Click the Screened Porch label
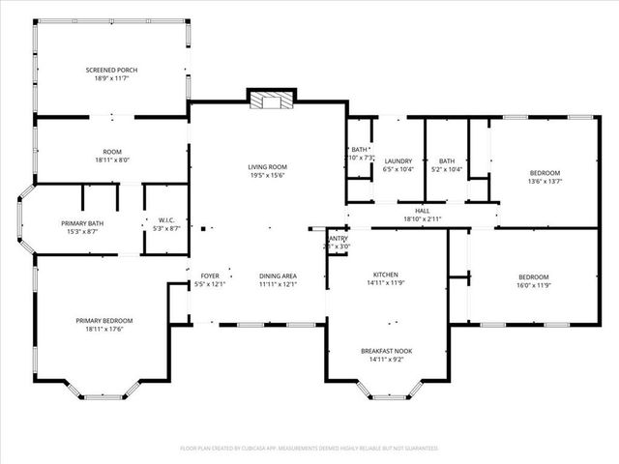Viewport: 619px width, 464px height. point(112,70)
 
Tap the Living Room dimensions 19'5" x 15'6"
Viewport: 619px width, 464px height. point(268,176)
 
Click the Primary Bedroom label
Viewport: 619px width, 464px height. point(104,321)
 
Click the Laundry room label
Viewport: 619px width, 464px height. point(398,161)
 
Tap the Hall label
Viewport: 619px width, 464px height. point(423,211)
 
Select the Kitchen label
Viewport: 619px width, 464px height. point(386,275)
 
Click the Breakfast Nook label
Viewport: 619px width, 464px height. point(386,350)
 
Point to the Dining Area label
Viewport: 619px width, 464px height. point(278,276)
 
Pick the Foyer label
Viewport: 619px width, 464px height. point(209,276)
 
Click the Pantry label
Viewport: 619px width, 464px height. point(338,238)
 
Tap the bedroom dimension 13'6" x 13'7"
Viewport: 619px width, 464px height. point(545,181)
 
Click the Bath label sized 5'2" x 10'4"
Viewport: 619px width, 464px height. point(447,170)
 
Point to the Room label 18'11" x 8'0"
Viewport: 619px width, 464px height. point(112,160)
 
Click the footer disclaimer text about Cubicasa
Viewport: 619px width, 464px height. point(309,449)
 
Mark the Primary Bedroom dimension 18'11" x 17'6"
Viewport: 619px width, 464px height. point(104,330)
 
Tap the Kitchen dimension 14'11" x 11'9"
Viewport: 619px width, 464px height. point(386,284)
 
